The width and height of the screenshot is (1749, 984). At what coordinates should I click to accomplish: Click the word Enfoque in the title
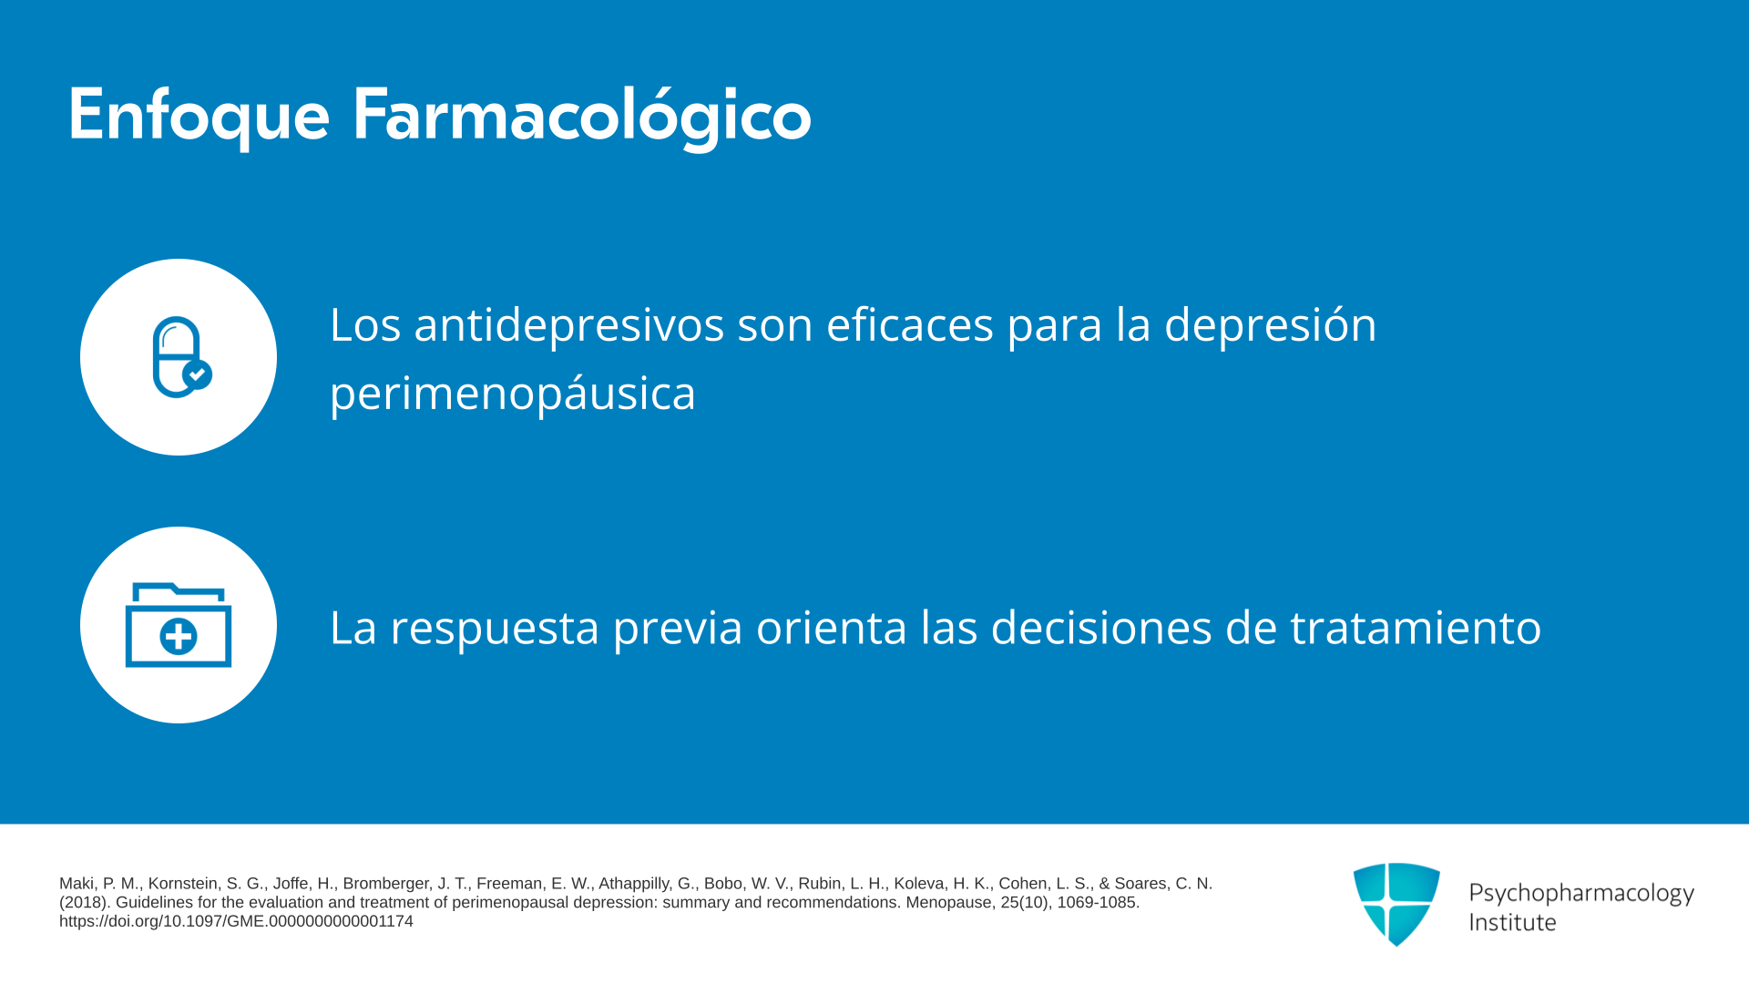199,117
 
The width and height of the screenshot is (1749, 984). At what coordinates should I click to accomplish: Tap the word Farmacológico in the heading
581,117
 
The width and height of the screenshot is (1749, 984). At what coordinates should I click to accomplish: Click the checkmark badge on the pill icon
198,374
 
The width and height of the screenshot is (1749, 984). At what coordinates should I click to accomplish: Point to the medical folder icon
179,625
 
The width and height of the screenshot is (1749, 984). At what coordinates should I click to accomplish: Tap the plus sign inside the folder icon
179,637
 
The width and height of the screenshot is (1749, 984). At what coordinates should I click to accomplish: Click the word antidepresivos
569,324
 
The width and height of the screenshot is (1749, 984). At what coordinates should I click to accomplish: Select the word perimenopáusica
513,395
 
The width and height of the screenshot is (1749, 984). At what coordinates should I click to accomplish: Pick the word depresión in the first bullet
1271,326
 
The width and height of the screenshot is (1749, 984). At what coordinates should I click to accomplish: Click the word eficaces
909,324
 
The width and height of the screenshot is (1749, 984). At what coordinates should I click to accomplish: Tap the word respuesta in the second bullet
495,629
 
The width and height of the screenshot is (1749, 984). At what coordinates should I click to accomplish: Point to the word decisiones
1101,627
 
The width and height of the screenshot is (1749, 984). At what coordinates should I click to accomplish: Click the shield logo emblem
1396,904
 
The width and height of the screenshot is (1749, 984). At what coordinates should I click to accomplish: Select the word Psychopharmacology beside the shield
1581,894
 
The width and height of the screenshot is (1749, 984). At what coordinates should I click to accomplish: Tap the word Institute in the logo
1512,923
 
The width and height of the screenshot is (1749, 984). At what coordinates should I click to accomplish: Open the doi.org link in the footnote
236,921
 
